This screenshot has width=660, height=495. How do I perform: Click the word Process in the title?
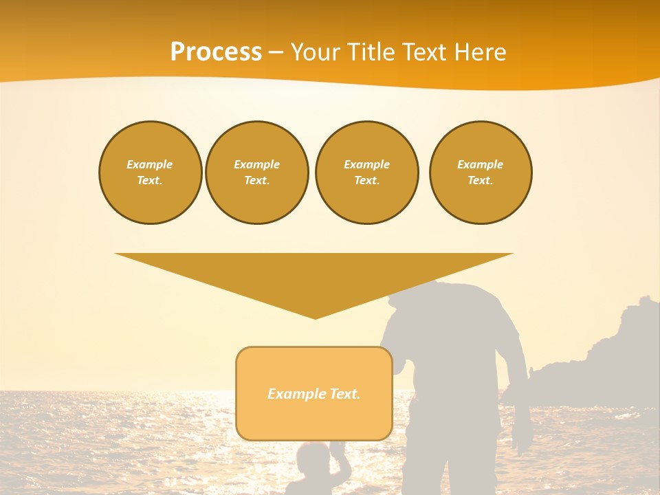[216, 52]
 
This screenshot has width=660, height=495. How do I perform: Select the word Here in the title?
[478, 52]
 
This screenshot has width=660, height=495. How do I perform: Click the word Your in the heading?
[315, 52]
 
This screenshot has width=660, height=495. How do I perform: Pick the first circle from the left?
[151, 173]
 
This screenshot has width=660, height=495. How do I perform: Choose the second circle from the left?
[257, 173]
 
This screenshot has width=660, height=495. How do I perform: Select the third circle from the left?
[367, 173]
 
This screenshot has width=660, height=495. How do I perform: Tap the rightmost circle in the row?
[481, 173]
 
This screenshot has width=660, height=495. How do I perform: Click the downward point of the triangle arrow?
[315, 316]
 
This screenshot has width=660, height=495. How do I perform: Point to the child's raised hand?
[337, 448]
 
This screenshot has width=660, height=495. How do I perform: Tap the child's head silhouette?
[313, 459]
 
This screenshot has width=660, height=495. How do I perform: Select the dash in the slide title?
[276, 52]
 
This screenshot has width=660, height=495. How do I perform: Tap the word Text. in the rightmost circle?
[481, 181]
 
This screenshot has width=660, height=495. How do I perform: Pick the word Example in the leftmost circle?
[150, 164]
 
